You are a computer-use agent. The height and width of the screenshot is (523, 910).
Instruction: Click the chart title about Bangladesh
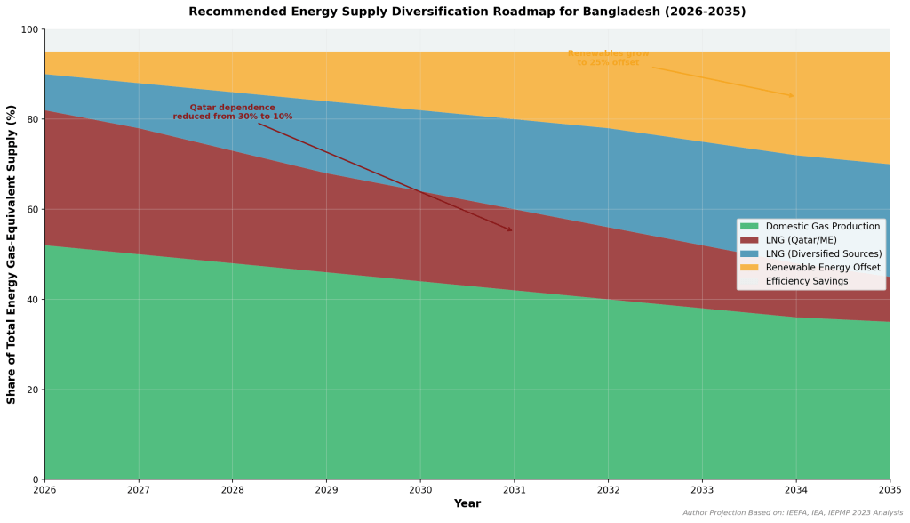click(467, 12)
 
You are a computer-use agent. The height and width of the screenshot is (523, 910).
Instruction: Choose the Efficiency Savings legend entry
click(806, 281)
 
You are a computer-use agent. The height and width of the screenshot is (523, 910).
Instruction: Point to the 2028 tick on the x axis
click(233, 489)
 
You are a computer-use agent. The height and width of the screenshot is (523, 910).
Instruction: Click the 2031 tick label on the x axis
click(515, 489)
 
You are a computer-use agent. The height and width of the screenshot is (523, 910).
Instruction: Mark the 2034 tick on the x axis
click(796, 489)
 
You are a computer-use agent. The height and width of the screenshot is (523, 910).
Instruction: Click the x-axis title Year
click(467, 504)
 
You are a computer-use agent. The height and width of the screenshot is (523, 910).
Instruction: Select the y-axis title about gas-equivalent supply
click(12, 254)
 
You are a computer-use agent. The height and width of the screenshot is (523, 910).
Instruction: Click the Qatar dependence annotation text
click(232, 112)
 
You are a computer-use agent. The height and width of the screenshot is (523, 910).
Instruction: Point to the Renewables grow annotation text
click(608, 58)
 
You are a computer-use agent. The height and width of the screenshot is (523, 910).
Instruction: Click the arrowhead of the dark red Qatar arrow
click(511, 230)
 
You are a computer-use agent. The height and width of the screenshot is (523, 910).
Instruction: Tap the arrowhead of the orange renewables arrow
click(793, 96)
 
